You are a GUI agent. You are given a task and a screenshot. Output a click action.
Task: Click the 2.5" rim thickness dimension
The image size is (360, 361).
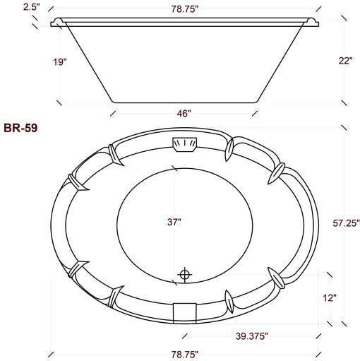[11, 6]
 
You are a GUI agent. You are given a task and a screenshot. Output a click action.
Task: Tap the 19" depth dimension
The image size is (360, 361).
[60, 62]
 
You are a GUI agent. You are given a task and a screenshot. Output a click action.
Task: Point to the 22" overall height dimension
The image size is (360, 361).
[344, 61]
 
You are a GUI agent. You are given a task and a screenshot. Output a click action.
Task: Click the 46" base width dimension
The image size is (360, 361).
[184, 113]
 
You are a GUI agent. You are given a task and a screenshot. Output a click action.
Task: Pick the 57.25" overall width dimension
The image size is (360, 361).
[345, 223]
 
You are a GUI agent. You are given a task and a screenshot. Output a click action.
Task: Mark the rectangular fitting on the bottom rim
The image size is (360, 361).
[185, 309]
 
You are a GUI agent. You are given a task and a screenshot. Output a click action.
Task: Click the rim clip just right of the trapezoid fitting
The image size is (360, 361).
[229, 148]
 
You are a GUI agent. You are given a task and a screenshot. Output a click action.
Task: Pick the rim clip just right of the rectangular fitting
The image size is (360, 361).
[229, 300]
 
